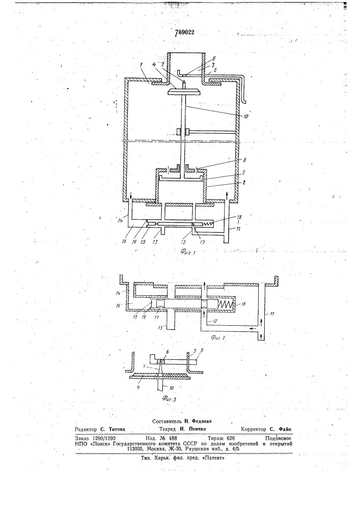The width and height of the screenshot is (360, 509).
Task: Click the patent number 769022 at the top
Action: click(185, 33)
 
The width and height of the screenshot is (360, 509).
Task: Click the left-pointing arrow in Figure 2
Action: click(253, 328)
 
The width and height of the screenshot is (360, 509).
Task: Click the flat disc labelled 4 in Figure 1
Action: click(183, 92)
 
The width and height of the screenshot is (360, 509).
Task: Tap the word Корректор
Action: click(254, 429)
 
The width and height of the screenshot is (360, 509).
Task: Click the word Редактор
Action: click(86, 429)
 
